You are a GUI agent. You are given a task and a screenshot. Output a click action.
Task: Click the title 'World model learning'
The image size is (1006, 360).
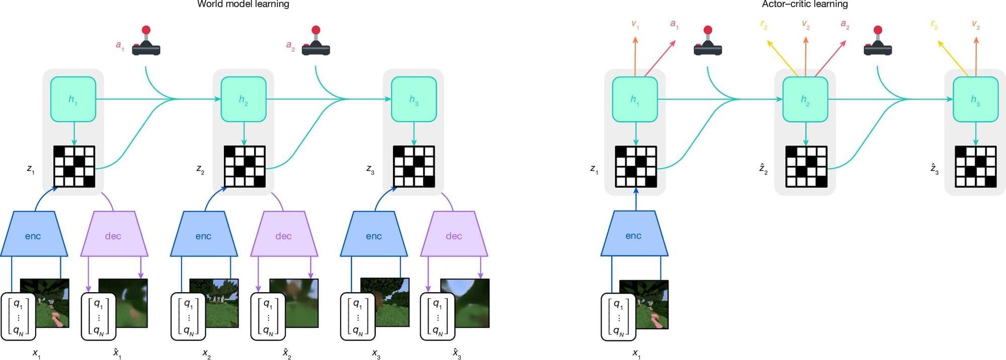[243, 5]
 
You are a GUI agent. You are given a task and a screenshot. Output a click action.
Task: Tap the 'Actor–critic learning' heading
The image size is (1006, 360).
[804, 5]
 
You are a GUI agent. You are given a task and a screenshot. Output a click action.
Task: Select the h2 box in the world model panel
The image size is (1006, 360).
[243, 99]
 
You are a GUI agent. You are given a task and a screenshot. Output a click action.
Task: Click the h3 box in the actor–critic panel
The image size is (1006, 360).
[975, 99]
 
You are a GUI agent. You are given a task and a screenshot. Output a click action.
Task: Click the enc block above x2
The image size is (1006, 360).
[203, 235]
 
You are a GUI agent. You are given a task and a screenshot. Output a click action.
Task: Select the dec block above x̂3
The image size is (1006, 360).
[454, 235]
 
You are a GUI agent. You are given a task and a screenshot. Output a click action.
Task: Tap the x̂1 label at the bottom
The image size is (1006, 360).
[117, 353]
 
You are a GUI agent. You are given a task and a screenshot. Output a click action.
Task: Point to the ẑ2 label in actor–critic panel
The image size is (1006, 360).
[764, 169]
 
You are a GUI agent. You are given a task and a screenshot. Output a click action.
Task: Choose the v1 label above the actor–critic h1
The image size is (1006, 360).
[635, 24]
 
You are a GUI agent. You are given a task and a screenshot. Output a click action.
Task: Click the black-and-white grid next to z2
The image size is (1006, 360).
[244, 166]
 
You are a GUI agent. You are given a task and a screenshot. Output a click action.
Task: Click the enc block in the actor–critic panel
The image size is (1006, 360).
[634, 235]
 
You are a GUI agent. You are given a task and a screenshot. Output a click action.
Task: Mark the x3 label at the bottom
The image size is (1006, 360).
[376, 353]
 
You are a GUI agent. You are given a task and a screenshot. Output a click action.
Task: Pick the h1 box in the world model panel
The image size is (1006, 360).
[73, 99]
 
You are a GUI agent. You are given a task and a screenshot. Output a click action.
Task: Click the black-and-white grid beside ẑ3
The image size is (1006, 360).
[975, 166]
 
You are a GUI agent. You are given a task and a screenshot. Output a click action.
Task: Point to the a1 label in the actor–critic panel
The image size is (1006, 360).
[674, 24]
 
